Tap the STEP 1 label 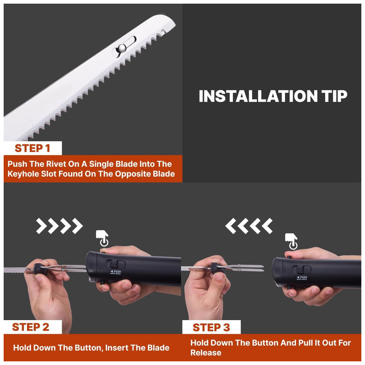32,148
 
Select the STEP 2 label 31,327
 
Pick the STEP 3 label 211,327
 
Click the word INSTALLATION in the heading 258,96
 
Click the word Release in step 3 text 206,353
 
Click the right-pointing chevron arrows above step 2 59,226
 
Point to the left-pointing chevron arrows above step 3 249,226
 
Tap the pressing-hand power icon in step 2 103,238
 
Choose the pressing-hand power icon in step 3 291,242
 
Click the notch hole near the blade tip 164,31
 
